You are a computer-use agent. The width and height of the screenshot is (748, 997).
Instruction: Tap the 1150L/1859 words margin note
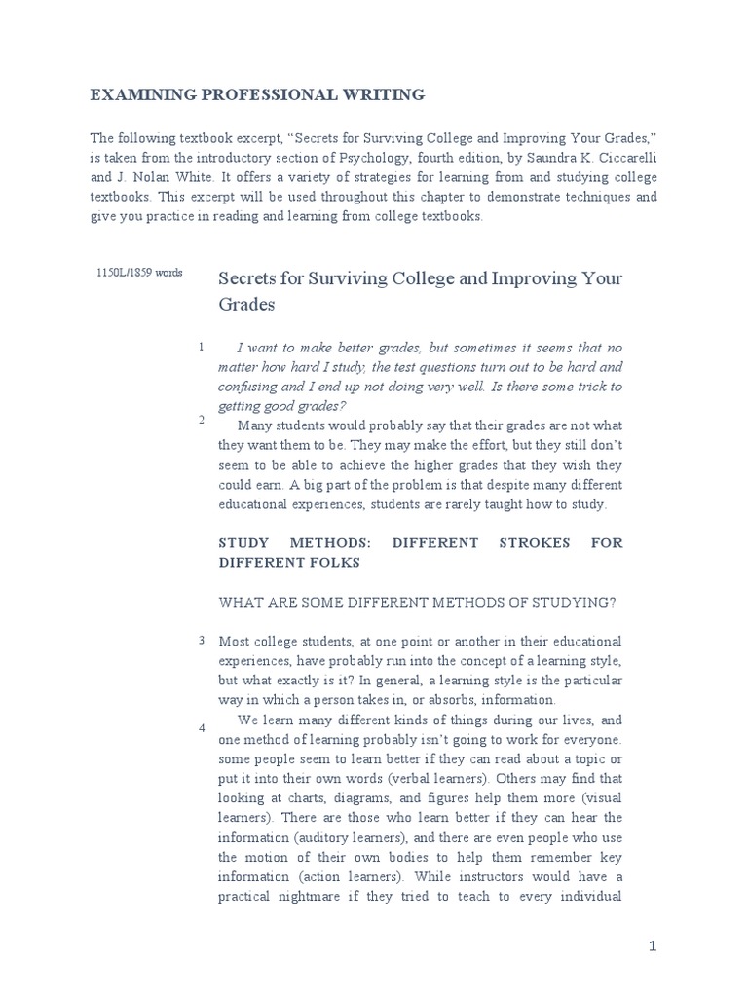pyautogui.click(x=139, y=273)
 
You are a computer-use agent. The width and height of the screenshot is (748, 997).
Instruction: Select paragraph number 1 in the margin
pyautogui.click(x=201, y=347)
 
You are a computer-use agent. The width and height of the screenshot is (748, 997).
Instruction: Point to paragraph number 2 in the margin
pyautogui.click(x=201, y=420)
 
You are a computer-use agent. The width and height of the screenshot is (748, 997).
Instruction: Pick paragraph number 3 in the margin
pyautogui.click(x=201, y=640)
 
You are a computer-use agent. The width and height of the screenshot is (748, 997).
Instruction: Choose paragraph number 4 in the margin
pyautogui.click(x=201, y=728)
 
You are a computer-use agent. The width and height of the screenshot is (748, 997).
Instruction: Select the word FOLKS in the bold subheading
pyautogui.click(x=335, y=563)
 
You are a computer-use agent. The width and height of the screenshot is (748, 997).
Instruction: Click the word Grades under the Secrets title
pyautogui.click(x=246, y=305)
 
